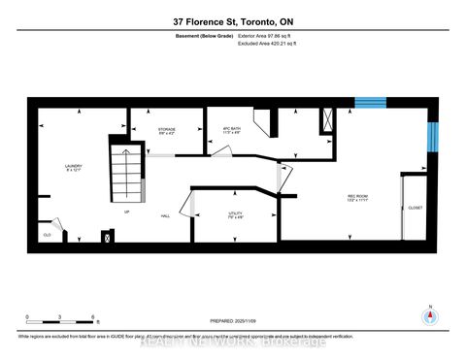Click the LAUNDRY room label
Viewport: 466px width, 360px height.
pos(72,167)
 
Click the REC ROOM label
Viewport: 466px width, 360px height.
pos(358,197)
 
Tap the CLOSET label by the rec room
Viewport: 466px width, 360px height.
pos(416,208)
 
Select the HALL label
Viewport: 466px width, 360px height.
pos(166,216)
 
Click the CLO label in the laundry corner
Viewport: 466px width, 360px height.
pos(47,234)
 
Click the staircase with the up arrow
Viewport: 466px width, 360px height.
pos(123,177)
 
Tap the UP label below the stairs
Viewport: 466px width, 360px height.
pos(126,211)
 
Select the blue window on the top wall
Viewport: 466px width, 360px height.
pos(370,102)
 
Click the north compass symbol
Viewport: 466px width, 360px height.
pos(427,316)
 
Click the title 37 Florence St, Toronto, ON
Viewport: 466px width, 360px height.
pos(233,20)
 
